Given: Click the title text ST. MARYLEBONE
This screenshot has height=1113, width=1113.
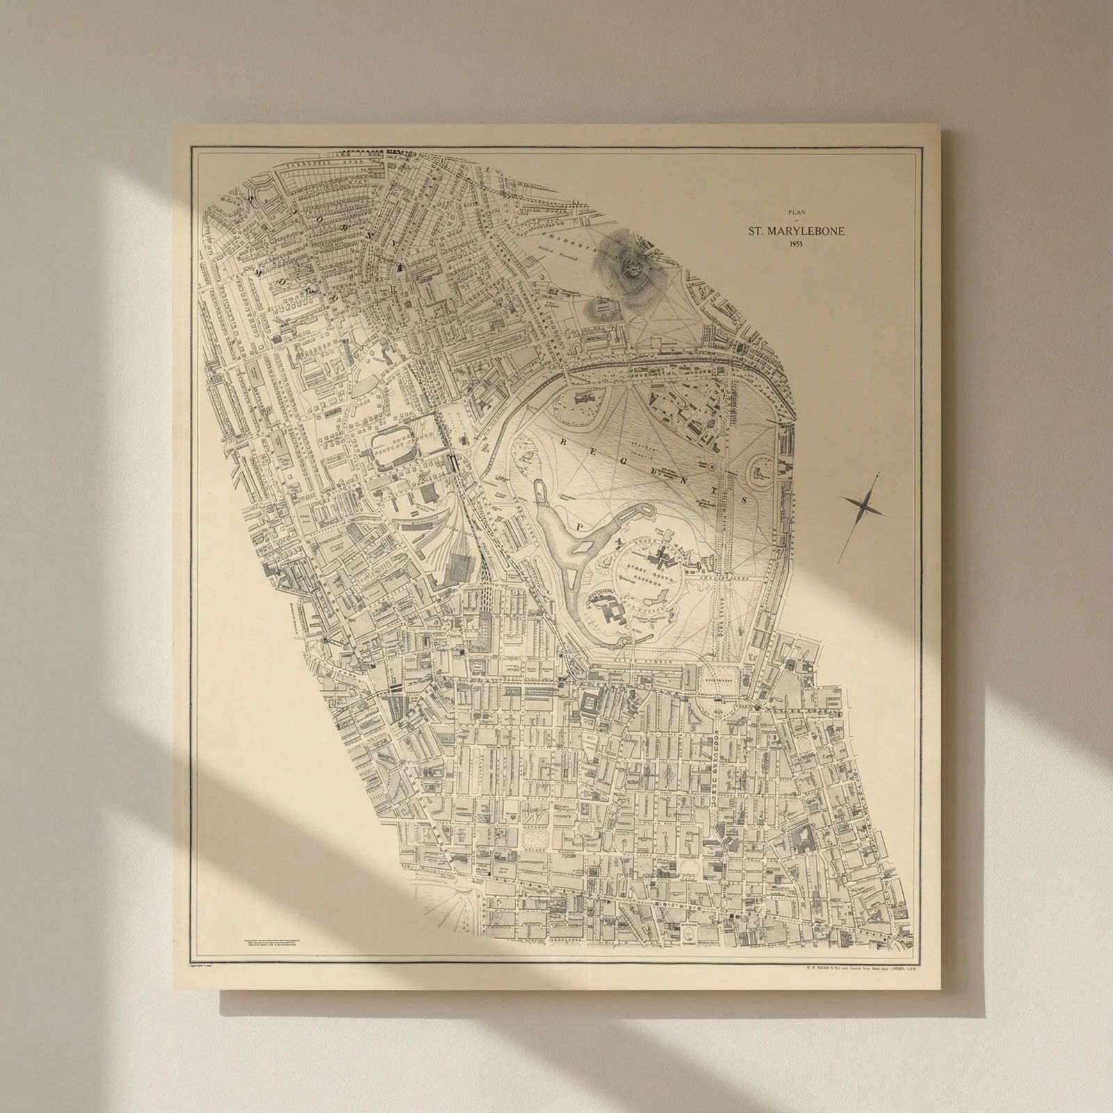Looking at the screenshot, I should pyautogui.click(x=796, y=231).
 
